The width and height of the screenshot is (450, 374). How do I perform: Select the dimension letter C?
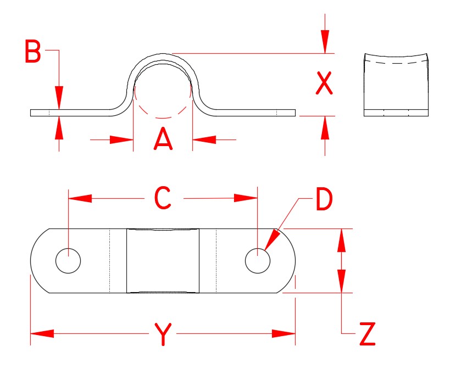click(x=163, y=198)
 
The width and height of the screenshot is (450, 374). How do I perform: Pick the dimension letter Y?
click(x=162, y=334)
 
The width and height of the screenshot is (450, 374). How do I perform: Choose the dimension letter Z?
click(x=367, y=334)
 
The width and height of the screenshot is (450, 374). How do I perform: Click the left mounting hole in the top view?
click(x=68, y=260)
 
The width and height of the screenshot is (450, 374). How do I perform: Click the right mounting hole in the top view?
click(x=257, y=260)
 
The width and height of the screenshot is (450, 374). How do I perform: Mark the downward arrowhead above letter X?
click(x=325, y=41)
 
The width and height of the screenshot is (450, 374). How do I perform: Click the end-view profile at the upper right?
click(x=396, y=85)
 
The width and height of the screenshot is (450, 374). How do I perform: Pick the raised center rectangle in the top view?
click(x=163, y=260)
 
